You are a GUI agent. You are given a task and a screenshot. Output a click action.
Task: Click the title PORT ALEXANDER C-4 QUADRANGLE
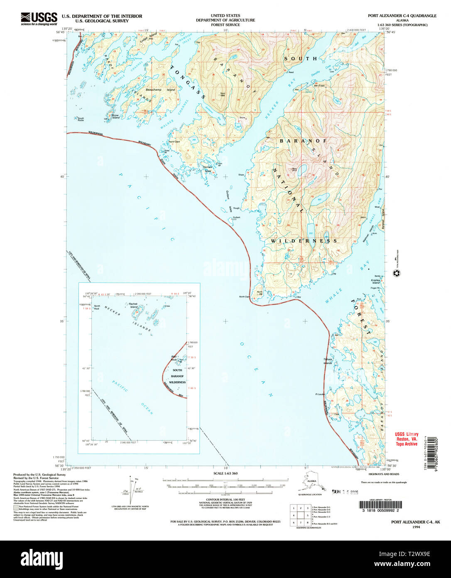[402, 16]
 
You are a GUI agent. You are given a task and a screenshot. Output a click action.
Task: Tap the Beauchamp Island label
[160, 90]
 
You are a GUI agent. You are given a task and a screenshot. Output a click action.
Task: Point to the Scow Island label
[115, 116]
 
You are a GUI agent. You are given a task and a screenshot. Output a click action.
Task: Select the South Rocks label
[81, 119]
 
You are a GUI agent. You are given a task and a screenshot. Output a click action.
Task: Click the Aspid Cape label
[174, 141]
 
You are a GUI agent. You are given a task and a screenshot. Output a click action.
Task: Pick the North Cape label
[244, 296]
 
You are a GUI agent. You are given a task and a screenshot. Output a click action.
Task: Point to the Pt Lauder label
[320, 394]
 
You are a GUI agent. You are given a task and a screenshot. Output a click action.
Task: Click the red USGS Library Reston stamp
[406, 439]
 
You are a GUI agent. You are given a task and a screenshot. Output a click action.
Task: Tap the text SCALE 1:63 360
[225, 473]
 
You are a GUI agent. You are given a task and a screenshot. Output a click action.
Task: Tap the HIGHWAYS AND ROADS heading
[383, 474]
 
